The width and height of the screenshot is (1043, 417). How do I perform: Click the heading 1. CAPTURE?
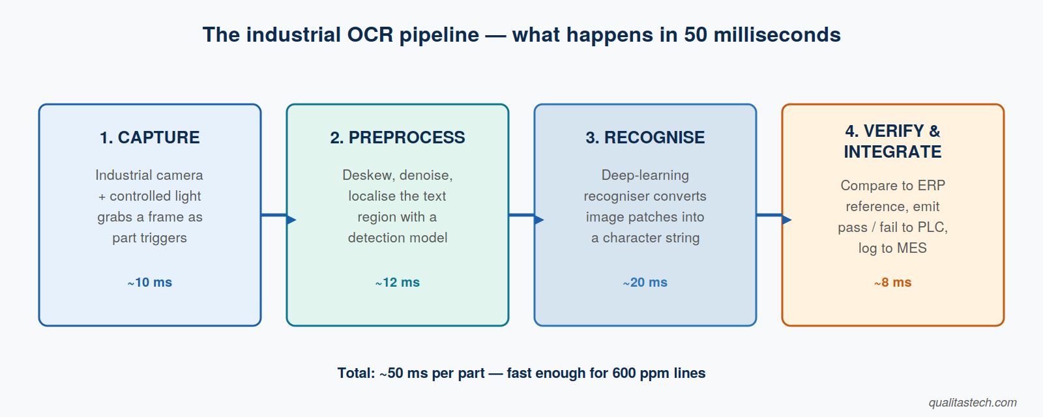coord(149,137)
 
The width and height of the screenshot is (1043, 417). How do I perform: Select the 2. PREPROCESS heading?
coord(397,137)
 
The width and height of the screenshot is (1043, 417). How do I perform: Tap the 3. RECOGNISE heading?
coord(645,137)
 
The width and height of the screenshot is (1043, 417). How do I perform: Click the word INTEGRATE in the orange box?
coord(892,152)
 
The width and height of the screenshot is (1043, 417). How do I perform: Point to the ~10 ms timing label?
coord(149,283)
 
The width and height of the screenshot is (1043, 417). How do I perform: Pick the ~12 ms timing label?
coord(397,283)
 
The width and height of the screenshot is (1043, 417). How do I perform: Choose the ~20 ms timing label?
coord(645,283)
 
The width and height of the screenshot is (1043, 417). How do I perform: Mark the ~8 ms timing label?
coord(892,283)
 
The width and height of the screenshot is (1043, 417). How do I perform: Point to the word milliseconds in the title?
coord(777,35)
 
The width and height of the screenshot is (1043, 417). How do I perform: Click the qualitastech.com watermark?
coord(973,403)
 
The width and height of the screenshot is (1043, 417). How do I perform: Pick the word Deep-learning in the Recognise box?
coord(645,175)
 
